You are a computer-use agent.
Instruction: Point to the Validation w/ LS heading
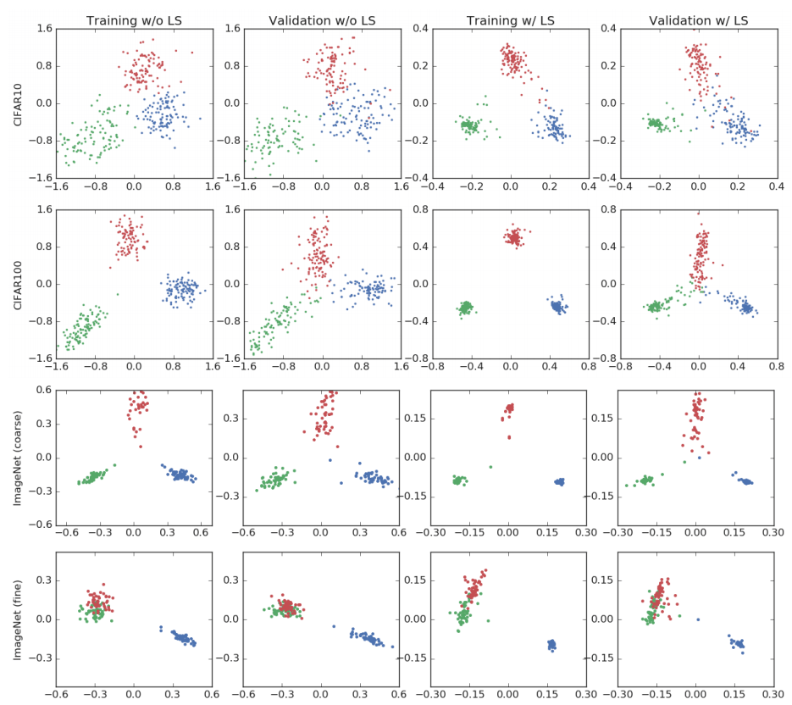coord(696,19)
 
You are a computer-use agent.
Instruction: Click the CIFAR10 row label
coord(19,103)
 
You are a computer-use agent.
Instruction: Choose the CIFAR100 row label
coord(19,284)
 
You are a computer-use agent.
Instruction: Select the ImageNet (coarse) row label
coord(19,458)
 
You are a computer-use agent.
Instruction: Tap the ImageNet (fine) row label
coord(19,619)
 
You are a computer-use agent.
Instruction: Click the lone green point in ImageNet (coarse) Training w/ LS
coord(489,466)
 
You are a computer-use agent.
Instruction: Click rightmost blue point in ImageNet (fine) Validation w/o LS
coord(392,647)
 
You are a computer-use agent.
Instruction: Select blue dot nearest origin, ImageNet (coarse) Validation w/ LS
coord(700,458)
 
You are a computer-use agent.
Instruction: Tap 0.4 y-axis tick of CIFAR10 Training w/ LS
coord(417,29)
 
